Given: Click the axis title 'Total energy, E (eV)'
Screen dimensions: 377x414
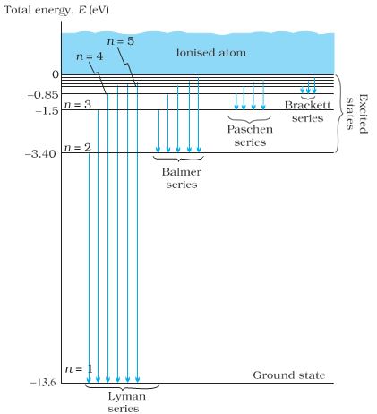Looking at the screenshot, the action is (x=56, y=11).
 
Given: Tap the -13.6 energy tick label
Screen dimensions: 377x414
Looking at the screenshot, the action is (x=43, y=383).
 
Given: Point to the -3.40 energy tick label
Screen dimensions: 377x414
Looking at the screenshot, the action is (x=42, y=154).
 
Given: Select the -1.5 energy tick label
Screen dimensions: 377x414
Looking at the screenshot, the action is (x=47, y=111).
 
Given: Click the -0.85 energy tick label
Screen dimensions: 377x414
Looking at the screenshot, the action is (x=43, y=95).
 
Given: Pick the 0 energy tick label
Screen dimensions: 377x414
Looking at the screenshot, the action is (x=56, y=74).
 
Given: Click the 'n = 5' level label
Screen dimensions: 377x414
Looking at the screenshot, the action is (x=121, y=41).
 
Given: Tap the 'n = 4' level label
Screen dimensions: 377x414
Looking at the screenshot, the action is (x=90, y=56).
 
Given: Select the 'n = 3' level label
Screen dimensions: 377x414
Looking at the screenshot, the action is (x=78, y=105).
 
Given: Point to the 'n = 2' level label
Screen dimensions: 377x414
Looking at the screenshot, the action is (x=78, y=148).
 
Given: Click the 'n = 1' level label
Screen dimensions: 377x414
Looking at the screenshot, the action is (x=79, y=369).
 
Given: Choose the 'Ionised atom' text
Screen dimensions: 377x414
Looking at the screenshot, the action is (x=211, y=53).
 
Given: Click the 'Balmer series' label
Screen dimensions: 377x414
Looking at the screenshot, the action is (x=182, y=178).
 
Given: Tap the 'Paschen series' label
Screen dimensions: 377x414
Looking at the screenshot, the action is (x=250, y=135).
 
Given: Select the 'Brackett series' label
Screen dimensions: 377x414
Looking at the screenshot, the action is (x=307, y=111).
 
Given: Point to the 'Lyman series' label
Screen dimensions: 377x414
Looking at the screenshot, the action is (x=126, y=402).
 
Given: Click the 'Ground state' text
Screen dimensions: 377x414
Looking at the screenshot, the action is (x=289, y=375).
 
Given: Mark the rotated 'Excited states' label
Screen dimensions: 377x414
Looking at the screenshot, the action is (x=357, y=114).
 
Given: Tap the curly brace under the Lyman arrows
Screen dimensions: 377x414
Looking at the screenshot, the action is (x=122, y=388).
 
